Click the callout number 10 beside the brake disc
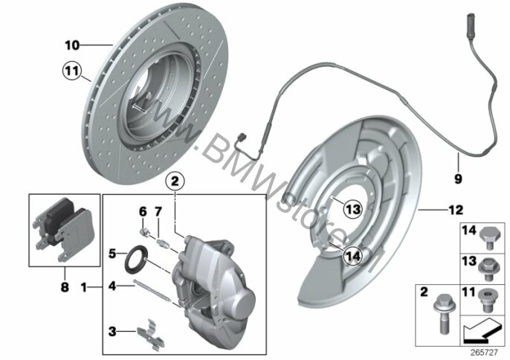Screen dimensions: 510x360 click(72, 45)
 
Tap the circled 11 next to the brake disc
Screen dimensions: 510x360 click(71, 71)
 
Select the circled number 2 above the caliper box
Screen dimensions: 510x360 click(175, 181)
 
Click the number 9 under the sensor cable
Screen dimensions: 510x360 click(458, 179)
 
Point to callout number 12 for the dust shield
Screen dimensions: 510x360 click(456, 210)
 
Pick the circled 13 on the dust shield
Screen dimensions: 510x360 click(353, 209)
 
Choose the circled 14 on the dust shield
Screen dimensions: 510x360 click(353, 256)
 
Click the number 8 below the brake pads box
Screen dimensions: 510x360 click(65, 287)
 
